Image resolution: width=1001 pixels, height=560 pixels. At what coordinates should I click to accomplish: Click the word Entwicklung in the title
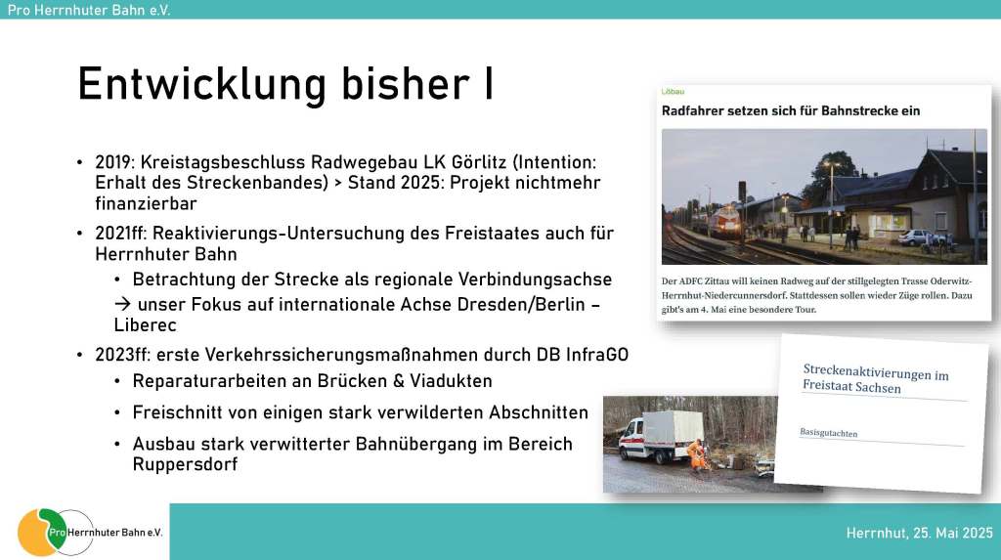tap(201, 85)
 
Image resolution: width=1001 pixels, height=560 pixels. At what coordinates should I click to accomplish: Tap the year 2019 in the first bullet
tap(115, 163)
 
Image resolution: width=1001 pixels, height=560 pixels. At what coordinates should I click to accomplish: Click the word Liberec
tap(145, 325)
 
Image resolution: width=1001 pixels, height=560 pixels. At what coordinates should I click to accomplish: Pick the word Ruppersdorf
tap(185, 464)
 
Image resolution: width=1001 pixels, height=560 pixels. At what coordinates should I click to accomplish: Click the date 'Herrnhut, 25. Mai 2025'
tap(919, 533)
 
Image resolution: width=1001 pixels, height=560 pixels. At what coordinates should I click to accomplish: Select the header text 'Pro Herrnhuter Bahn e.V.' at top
tap(89, 10)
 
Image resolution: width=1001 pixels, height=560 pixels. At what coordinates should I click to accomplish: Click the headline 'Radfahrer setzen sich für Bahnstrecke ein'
tap(790, 111)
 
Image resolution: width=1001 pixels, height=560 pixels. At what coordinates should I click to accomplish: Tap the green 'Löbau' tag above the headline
tap(673, 92)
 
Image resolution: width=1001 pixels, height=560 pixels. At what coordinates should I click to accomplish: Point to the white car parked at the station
tap(917, 237)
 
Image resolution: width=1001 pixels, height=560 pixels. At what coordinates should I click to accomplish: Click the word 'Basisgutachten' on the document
tap(829, 433)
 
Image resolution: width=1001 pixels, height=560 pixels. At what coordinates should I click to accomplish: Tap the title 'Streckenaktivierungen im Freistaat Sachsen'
tap(875, 378)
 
